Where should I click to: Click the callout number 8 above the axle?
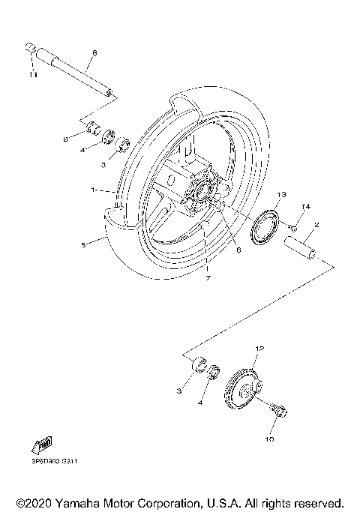pyautogui.click(x=94, y=52)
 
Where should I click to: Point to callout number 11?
pyautogui.click(x=32, y=75)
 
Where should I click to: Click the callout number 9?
pyautogui.click(x=65, y=139)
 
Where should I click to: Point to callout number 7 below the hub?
pyautogui.click(x=208, y=277)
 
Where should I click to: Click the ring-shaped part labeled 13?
pyautogui.click(x=265, y=228)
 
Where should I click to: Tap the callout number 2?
pyautogui.click(x=318, y=224)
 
